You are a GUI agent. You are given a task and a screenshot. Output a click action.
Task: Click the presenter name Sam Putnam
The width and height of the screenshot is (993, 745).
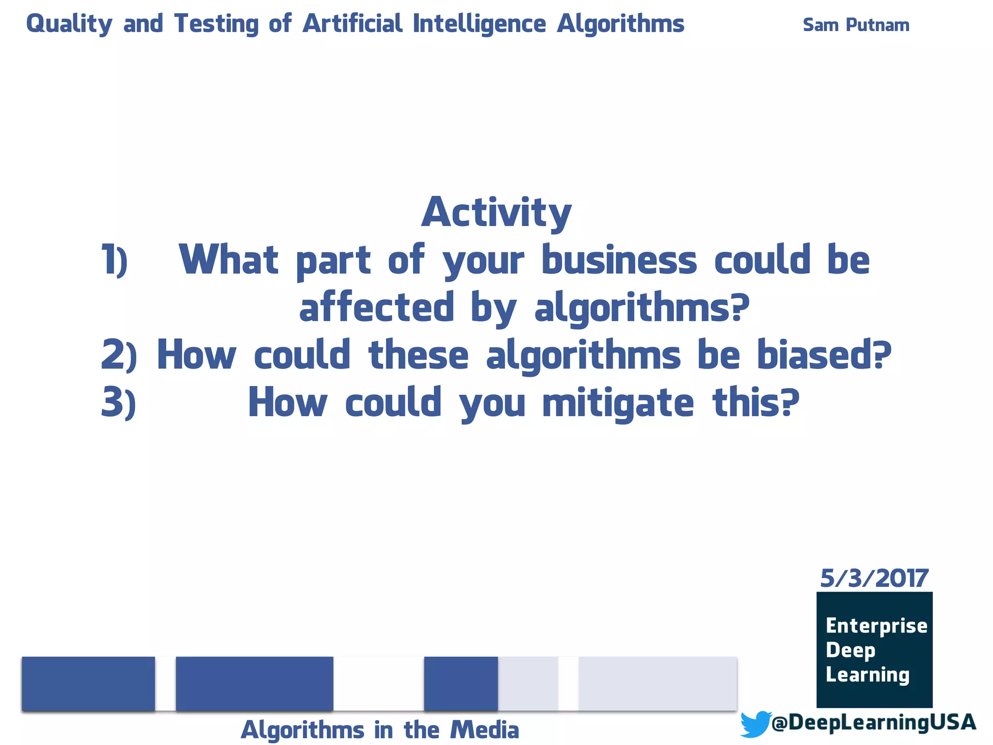point(856,25)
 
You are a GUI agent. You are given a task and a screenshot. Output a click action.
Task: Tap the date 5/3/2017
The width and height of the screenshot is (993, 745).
point(874,578)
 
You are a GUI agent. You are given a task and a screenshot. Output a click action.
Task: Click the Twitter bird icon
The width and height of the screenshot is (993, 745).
point(755,724)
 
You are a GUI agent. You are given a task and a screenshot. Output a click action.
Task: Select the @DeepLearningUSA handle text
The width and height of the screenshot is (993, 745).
point(873,722)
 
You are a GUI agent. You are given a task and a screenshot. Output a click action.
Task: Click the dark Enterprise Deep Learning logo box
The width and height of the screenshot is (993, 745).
point(874,649)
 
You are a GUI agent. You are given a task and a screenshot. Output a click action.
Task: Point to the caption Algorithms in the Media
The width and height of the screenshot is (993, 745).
point(380,730)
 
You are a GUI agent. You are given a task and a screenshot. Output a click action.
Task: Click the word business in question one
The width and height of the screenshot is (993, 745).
point(619,260)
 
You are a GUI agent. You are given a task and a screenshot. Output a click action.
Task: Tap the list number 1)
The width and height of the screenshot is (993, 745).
point(114,260)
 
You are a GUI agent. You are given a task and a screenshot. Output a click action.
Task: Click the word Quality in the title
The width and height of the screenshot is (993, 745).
point(69,24)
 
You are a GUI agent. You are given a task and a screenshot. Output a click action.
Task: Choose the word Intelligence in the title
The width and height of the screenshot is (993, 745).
point(479,24)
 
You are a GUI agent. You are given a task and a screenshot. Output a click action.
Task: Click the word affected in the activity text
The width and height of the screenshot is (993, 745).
point(377,308)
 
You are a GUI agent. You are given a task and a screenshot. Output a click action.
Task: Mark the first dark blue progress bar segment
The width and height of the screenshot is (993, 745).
point(88,683)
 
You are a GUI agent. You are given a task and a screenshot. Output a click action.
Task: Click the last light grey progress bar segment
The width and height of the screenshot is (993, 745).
point(657,683)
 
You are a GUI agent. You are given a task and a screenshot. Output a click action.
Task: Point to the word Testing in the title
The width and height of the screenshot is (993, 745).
point(216,24)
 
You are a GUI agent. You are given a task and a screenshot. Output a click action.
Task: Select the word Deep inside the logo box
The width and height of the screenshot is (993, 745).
point(850,650)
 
